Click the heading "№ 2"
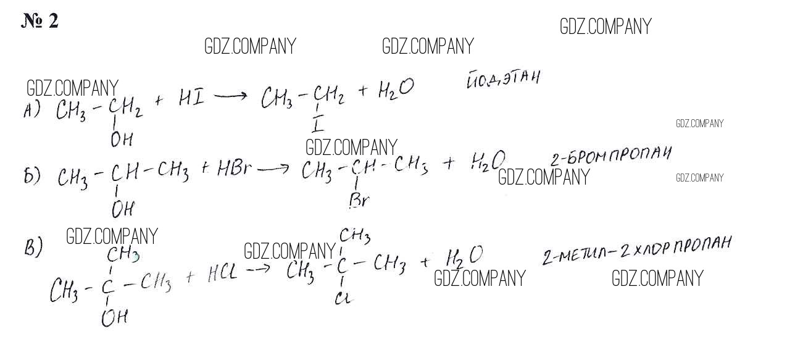40,21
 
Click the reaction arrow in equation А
230,96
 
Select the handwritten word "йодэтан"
503,80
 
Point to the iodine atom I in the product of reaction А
318,125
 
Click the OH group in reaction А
122,140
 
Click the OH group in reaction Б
122,209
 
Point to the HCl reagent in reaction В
222,274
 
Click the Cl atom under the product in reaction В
343,298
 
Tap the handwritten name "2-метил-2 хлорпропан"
636,249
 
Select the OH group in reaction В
115,318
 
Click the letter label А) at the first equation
31,111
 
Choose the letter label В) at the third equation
33,248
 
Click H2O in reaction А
394,91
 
